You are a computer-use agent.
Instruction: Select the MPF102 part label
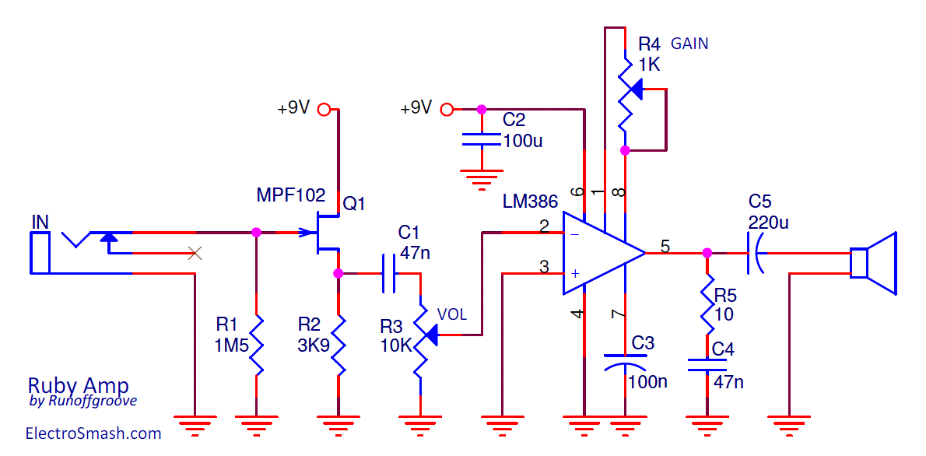click(290, 195)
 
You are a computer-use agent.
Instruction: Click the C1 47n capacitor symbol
click(389, 273)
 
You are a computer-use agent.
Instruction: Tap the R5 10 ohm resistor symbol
click(707, 306)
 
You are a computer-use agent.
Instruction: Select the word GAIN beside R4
click(689, 44)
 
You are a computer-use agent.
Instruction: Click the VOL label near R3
click(452, 314)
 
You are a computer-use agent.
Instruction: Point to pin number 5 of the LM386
click(665, 247)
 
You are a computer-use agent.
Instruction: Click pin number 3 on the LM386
click(545, 267)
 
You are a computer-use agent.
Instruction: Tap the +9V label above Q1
click(293, 109)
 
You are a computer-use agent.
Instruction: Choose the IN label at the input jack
click(40, 223)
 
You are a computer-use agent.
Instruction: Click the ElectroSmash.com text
click(93, 433)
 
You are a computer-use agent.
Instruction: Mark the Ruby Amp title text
click(78, 385)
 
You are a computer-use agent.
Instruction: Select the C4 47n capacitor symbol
click(707, 365)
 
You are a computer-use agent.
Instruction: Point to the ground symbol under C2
click(482, 181)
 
